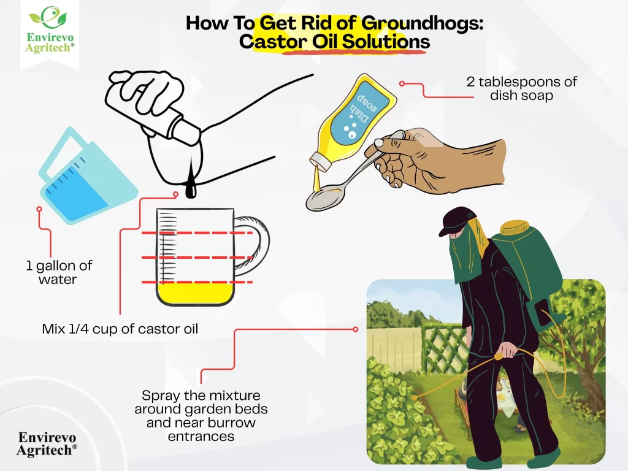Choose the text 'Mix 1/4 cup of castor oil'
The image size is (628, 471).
pos(120,329)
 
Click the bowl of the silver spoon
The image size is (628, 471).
pos(323,201)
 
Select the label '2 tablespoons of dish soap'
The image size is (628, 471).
pos(522,88)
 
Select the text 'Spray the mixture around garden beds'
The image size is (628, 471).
pos(201,402)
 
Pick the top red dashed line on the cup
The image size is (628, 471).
pos(196,234)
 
